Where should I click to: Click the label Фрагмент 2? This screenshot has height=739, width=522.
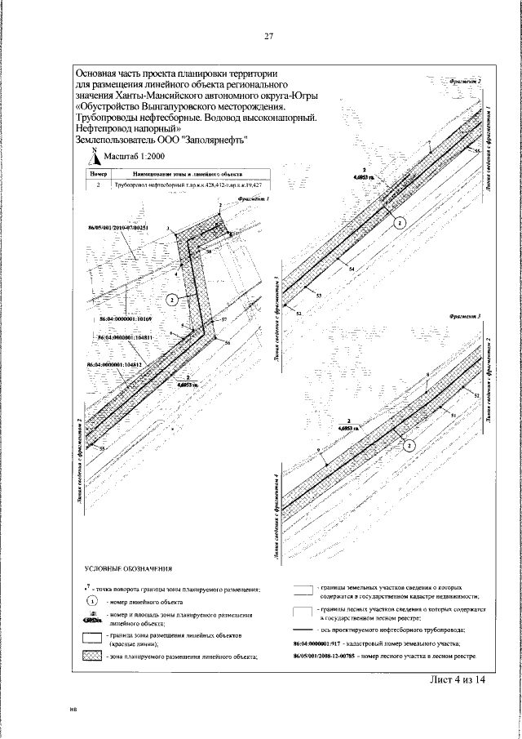point(465,82)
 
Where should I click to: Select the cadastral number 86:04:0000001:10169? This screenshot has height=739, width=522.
point(126,313)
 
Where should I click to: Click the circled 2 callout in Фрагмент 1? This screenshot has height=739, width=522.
point(171,300)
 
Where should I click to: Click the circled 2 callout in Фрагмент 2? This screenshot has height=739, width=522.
point(400,222)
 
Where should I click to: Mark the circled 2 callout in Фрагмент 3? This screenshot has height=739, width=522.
point(410,445)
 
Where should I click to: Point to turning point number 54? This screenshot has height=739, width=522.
point(351,269)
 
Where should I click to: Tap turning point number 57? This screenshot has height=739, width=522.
point(223,318)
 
